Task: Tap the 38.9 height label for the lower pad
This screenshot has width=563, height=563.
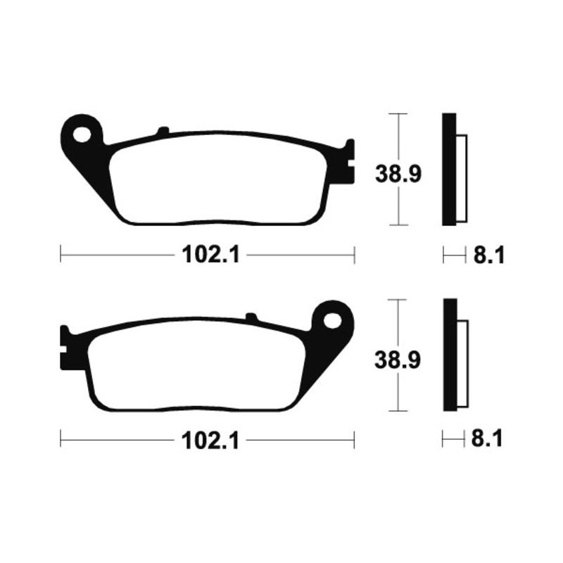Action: pyautogui.click(x=398, y=360)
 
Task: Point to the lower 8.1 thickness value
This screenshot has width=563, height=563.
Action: pyautogui.click(x=488, y=442)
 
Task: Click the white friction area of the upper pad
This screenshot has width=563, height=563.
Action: pyautogui.click(x=218, y=179)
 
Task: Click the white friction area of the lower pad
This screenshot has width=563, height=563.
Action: pyautogui.click(x=197, y=366)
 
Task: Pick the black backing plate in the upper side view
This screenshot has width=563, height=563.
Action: pyautogui.click(x=449, y=169)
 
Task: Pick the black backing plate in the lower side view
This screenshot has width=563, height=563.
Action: pyautogui.click(x=449, y=355)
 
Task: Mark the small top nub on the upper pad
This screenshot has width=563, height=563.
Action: pyautogui.click(x=163, y=131)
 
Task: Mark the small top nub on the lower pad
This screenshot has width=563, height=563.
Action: pyautogui.click(x=251, y=317)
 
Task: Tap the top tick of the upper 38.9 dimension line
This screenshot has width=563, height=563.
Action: pyautogui.click(x=398, y=113)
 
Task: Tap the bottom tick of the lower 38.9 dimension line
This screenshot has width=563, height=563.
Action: pyautogui.click(x=398, y=412)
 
